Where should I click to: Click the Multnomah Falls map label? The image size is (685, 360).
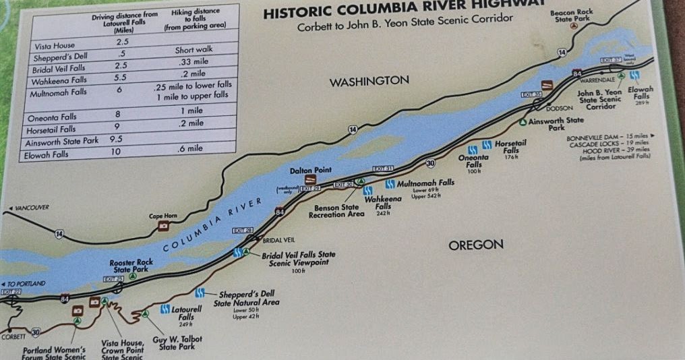pyautogui.click(x=425, y=183)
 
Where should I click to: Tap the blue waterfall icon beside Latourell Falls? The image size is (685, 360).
pyautogui.click(x=165, y=309)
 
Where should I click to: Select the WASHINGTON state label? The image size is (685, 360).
pyautogui.click(x=369, y=81)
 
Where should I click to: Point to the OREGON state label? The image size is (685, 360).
pyautogui.click(x=476, y=245)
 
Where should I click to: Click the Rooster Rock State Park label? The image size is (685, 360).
pyautogui.click(x=131, y=265)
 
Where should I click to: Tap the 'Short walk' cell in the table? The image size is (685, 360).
pyautogui.click(x=193, y=51)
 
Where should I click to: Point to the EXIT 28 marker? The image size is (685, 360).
pyautogui.click(x=242, y=231)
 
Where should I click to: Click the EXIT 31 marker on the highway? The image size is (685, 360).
pyautogui.click(x=382, y=168)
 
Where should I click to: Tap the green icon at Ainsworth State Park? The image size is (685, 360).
pyautogui.click(x=523, y=121)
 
